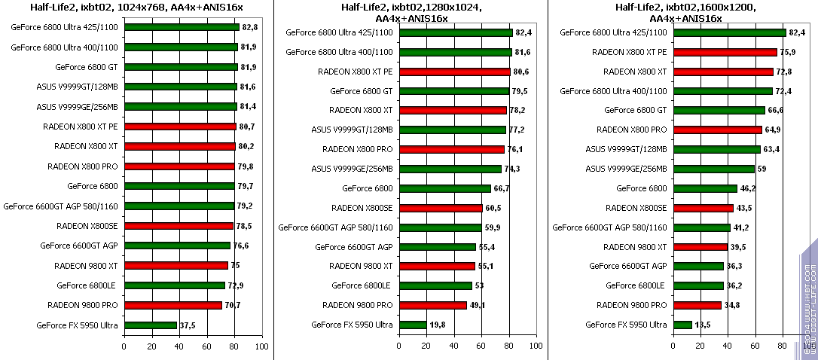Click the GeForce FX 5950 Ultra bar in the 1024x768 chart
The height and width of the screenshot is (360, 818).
point(151,325)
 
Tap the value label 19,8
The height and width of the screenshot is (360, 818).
point(438,325)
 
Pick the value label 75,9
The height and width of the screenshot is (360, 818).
point(788,52)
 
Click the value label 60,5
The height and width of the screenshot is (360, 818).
point(494,208)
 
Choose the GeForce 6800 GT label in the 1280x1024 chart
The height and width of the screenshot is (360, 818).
point(362,91)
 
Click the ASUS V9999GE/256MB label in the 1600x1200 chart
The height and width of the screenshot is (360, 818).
point(627,169)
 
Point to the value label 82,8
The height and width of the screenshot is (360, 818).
point(251,27)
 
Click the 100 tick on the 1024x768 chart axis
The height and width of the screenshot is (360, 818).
point(261,346)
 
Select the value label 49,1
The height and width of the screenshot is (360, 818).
point(479,305)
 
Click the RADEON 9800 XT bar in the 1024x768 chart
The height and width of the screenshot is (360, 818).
point(176,265)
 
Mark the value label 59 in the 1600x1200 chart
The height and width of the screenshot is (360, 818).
point(762,169)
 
